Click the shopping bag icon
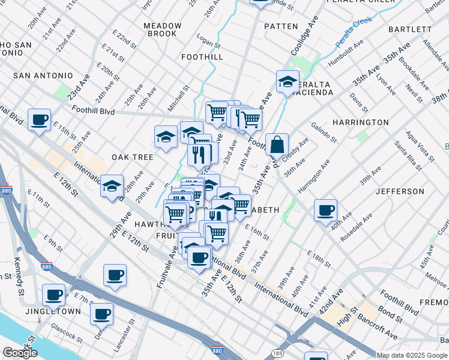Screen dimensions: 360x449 pos(277,145)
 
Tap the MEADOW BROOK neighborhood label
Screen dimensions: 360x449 pos(163,29)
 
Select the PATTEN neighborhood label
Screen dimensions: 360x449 pos(280,26)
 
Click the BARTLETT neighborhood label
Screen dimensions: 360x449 pos(410,29)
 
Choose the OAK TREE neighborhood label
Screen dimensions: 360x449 pos(132,157)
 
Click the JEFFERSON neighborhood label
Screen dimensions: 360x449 pos(400,191)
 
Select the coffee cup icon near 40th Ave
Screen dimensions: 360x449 pos(325,211)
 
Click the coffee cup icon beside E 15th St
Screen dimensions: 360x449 pos(40,119)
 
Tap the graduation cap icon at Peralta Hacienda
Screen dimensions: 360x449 pos(288,82)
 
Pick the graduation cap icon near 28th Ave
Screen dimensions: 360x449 pos(112,187)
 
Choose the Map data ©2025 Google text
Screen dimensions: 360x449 pos(412,355)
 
